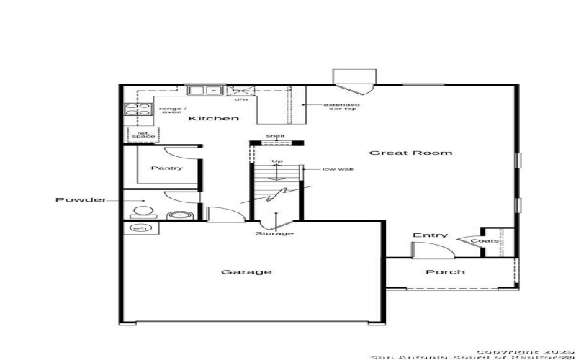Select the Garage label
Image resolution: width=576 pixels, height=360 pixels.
click(x=236, y=272)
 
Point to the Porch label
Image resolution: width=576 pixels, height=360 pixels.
click(x=445, y=272)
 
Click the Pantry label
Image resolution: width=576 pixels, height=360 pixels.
click(x=166, y=168)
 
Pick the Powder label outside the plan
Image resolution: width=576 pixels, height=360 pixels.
click(x=81, y=199)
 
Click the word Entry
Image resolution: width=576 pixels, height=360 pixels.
click(x=430, y=235)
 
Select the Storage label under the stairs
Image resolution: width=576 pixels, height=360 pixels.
click(x=274, y=233)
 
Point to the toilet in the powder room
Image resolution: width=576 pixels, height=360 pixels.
click(x=143, y=212)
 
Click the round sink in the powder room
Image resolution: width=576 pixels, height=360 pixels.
click(x=176, y=215)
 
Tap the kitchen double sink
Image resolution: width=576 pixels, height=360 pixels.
click(x=205, y=91)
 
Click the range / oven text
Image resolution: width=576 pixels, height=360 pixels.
click(x=171, y=109)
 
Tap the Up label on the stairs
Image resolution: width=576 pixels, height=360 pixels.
click(x=276, y=161)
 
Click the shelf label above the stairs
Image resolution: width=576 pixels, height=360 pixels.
click(x=275, y=135)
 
